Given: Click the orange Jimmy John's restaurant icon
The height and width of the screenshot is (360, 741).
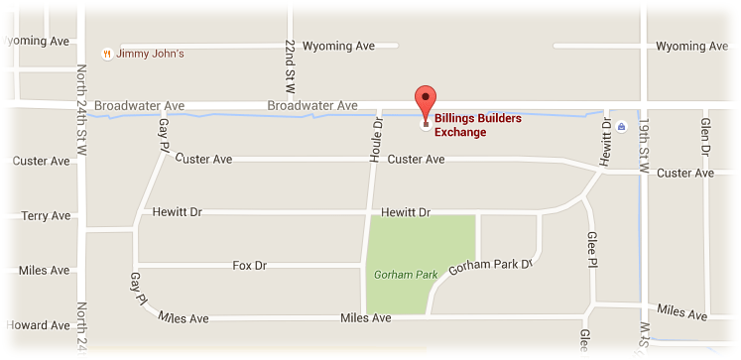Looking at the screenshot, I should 107,54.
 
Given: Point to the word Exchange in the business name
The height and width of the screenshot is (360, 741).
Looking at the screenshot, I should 460,132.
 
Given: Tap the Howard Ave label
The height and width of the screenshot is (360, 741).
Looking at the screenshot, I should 39,325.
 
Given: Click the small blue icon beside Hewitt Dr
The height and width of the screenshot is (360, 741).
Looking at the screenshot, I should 621,127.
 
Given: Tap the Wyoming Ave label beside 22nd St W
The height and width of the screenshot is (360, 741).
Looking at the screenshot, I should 336,46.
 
